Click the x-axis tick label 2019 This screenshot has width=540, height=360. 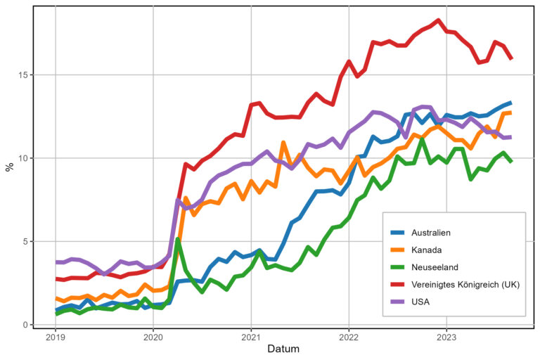pos(56,337)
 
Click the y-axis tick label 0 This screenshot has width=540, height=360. pos(26,325)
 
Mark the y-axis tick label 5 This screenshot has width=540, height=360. pos(26,241)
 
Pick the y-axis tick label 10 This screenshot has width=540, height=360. pos(23,158)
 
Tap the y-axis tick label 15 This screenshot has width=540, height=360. pos(23,75)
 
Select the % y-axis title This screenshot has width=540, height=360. pos(9,166)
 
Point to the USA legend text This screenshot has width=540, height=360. pos(420,302)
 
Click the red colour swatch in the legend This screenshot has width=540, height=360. pos(398,284)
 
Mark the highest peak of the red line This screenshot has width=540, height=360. pos(438,20)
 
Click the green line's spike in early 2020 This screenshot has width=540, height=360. pos(178,240)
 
